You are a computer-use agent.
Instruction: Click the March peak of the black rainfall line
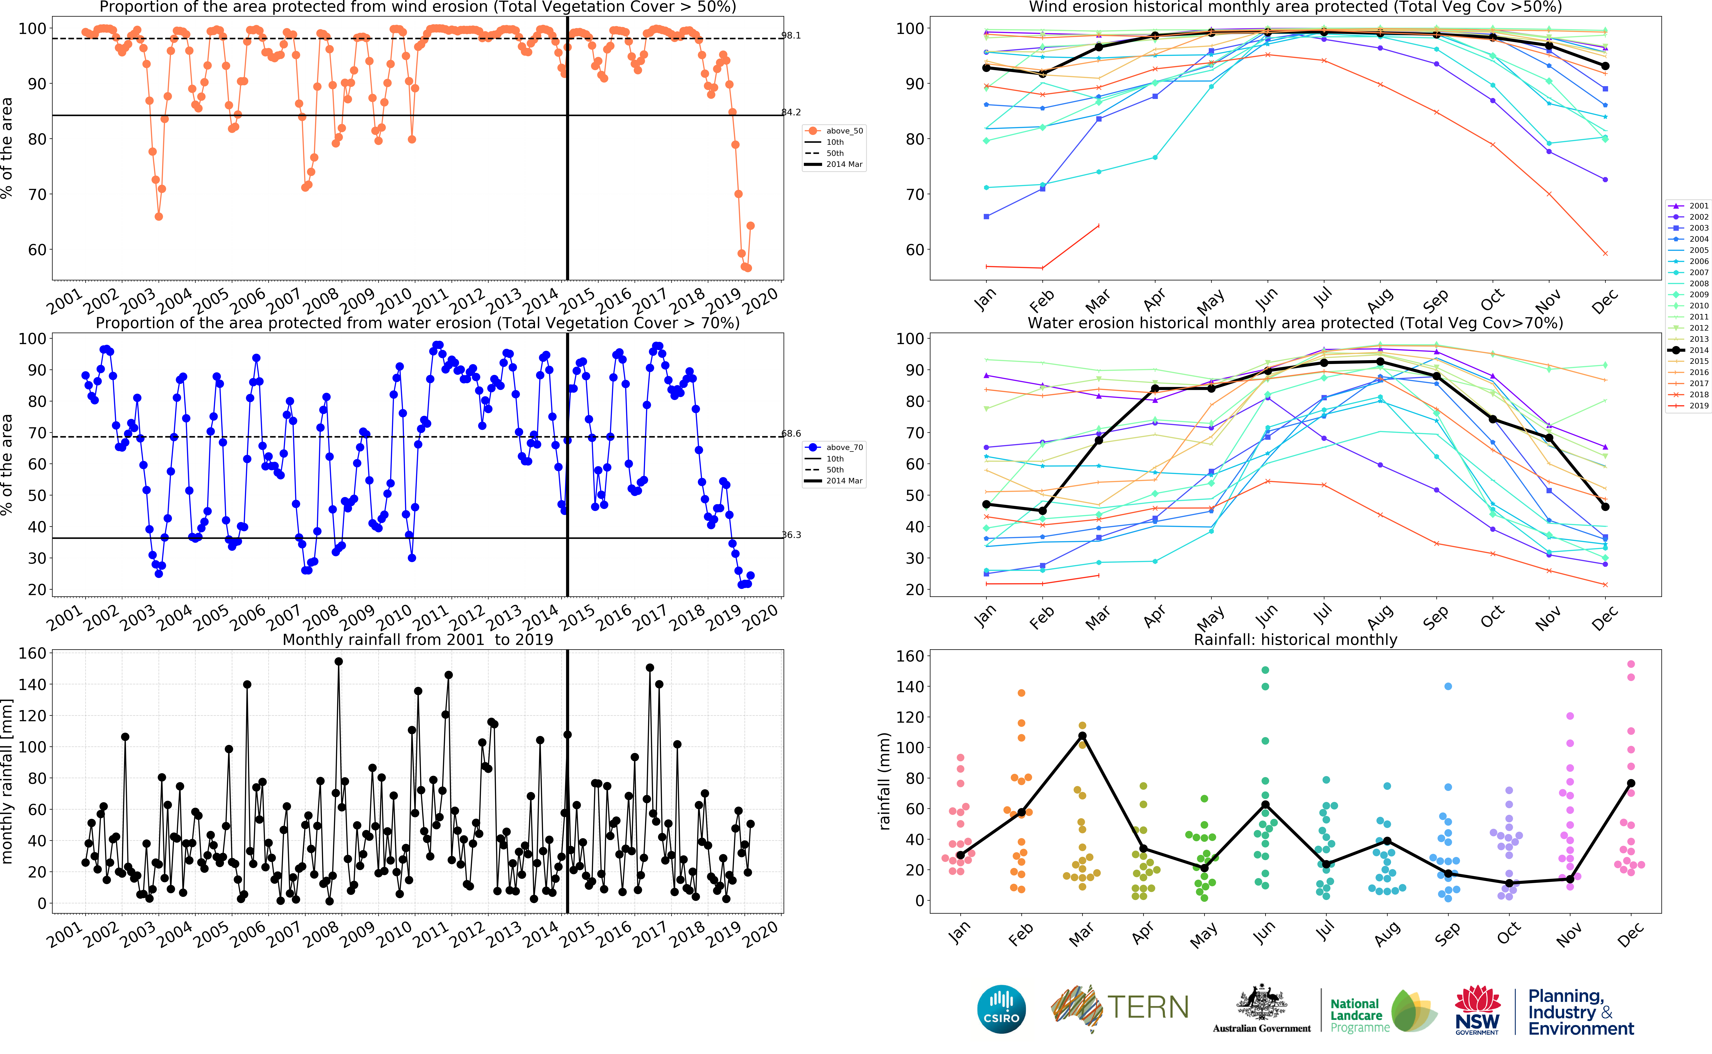(x=1082, y=736)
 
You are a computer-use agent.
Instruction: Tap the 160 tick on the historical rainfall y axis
(x=909, y=656)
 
